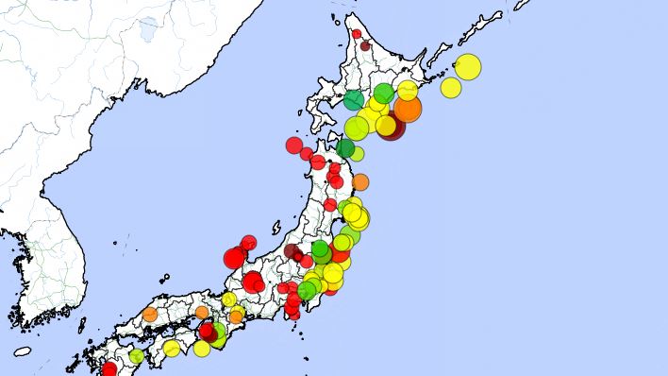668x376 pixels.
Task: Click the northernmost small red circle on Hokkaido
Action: (357, 34)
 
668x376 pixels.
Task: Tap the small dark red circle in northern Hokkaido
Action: (365, 45)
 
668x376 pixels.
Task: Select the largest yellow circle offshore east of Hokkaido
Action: (467, 67)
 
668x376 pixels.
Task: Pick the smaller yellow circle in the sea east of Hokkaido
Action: (451, 87)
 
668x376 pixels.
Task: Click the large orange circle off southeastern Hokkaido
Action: (407, 109)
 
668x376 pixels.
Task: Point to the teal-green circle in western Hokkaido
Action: (354, 100)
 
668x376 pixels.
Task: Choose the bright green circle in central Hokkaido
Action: (383, 93)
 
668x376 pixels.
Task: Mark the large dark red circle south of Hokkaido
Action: (392, 127)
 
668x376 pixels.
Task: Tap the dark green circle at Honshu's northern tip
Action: (345, 148)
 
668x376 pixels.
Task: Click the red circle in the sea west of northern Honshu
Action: (294, 145)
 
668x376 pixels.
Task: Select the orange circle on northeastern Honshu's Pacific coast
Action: (360, 181)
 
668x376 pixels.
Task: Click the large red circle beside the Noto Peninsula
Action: (235, 258)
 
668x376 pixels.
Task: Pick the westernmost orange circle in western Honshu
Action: (150, 314)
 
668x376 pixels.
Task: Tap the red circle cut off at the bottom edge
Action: (109, 369)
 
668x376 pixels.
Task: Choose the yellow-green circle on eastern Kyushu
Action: (137, 356)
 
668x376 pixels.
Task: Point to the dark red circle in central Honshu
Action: (292, 251)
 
